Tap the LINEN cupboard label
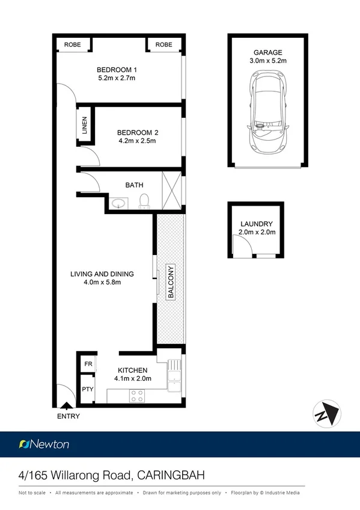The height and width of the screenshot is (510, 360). point(85,126)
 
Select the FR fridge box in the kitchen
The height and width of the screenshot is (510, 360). point(88,364)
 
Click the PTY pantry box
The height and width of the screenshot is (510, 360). point(88,389)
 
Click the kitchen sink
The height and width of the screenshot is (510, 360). point(174,376)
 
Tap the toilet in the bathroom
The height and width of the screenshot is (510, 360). point(144,200)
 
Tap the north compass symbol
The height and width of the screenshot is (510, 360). point(326,414)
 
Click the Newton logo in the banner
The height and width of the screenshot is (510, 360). point(44,444)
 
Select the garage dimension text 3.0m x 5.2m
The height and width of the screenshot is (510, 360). point(267,61)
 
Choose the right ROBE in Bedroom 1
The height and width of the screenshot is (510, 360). point(163,45)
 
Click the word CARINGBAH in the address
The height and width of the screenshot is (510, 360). point(171,475)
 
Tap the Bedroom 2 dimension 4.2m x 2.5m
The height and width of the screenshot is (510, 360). point(137,141)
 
